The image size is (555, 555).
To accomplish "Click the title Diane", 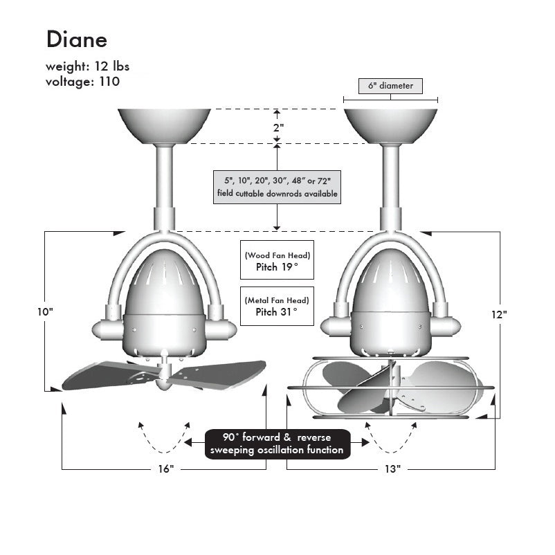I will coord(77,39).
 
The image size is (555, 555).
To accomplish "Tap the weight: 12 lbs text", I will coord(87,67).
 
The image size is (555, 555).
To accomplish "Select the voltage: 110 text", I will coord(82,82).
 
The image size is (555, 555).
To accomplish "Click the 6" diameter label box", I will coord(390,87).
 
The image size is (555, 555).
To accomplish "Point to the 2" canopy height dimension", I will coord(277,128).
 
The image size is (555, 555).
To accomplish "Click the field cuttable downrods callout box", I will coord(277,187).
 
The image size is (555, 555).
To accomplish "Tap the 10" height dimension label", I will coord(45,312).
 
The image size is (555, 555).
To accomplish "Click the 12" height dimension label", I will coord(500,314).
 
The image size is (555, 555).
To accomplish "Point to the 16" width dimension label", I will coord(165,469).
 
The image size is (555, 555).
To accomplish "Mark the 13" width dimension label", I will coord(391,469).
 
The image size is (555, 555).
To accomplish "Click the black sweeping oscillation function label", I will coord(277,444).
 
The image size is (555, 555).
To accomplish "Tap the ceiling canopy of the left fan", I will coord(164,125).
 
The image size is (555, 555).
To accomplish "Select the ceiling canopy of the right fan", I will coord(390,125).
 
